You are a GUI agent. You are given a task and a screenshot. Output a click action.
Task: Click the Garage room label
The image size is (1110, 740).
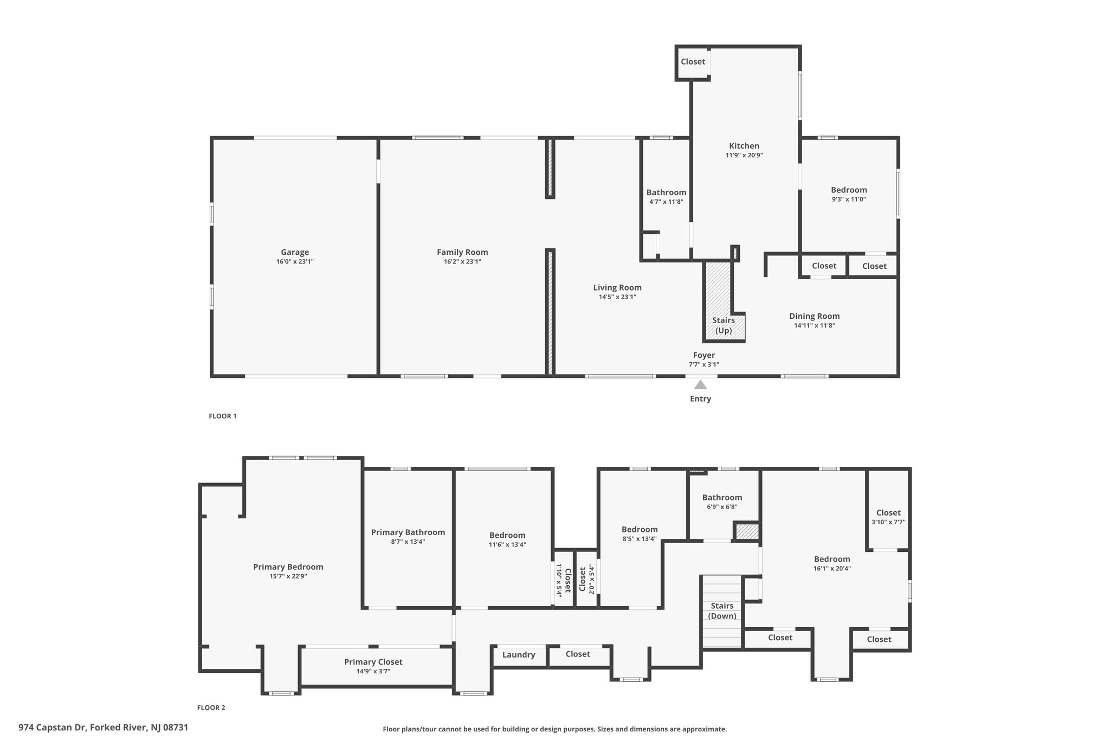[x=295, y=252]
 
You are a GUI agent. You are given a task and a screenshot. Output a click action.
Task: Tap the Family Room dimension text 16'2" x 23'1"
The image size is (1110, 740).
[x=462, y=262]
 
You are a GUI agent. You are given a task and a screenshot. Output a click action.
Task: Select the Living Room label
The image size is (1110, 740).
[x=617, y=288]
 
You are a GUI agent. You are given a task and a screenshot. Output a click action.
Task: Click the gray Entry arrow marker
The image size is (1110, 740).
[x=700, y=384]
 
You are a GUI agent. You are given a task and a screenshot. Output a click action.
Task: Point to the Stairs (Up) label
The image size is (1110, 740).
[x=724, y=325]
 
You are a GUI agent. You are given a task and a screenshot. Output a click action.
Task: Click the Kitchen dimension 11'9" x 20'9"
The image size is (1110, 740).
[x=744, y=156]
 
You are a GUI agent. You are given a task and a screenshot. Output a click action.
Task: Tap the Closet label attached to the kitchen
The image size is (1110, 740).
[x=693, y=62]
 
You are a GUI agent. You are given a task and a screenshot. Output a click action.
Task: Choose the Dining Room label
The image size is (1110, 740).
[x=814, y=316]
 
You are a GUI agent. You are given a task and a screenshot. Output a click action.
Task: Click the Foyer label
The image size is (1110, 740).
[x=704, y=355]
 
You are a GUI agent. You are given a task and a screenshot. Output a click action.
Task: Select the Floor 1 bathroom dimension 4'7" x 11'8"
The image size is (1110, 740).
[x=666, y=202]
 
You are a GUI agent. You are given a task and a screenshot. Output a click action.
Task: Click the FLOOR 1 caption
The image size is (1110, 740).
[x=223, y=416]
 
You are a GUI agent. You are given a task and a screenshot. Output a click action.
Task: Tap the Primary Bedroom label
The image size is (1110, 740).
[x=288, y=567]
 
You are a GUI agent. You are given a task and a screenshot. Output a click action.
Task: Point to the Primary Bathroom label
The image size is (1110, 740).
[x=408, y=532]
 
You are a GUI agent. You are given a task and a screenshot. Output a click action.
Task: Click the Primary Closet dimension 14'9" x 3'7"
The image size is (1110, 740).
[x=373, y=671]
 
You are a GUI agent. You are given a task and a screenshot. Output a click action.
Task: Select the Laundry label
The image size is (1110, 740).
[x=519, y=655]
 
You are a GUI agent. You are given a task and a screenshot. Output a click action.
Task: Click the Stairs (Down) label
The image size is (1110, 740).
[x=722, y=611]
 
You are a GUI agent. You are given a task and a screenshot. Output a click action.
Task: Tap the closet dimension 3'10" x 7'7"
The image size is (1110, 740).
[x=888, y=522]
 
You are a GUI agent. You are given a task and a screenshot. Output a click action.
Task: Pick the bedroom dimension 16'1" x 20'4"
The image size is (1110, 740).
[x=832, y=569]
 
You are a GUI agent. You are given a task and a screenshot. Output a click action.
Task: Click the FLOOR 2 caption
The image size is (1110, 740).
[x=211, y=707]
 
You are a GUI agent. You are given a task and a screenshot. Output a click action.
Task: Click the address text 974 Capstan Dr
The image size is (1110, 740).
[x=53, y=728]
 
